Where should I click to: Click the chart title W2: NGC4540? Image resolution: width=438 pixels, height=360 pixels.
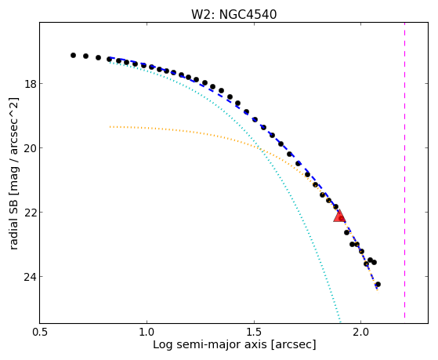[233, 15]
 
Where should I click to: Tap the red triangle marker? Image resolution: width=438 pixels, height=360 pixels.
[339, 216]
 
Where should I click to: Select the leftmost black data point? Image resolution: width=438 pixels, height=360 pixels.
[73, 56]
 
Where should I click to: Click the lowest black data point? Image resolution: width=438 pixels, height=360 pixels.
[378, 285]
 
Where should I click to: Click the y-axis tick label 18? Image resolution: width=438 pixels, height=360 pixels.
[30, 84]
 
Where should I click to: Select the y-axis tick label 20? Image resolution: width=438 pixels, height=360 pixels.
[30, 148]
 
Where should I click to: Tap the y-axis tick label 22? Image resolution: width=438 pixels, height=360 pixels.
[30, 213]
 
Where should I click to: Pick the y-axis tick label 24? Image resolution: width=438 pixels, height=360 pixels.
[30, 277]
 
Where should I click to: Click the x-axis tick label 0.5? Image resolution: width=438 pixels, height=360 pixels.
[40, 333]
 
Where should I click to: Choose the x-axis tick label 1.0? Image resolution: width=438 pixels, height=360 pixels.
[147, 333]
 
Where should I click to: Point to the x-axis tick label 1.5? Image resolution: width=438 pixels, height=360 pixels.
[254, 333]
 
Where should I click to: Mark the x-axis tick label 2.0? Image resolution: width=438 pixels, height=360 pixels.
[361, 333]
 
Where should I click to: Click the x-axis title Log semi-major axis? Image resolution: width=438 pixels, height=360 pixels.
[209, 345]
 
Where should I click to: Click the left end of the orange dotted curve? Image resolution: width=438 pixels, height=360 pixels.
[110, 127]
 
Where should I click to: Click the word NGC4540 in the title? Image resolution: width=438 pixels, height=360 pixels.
[248, 15]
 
